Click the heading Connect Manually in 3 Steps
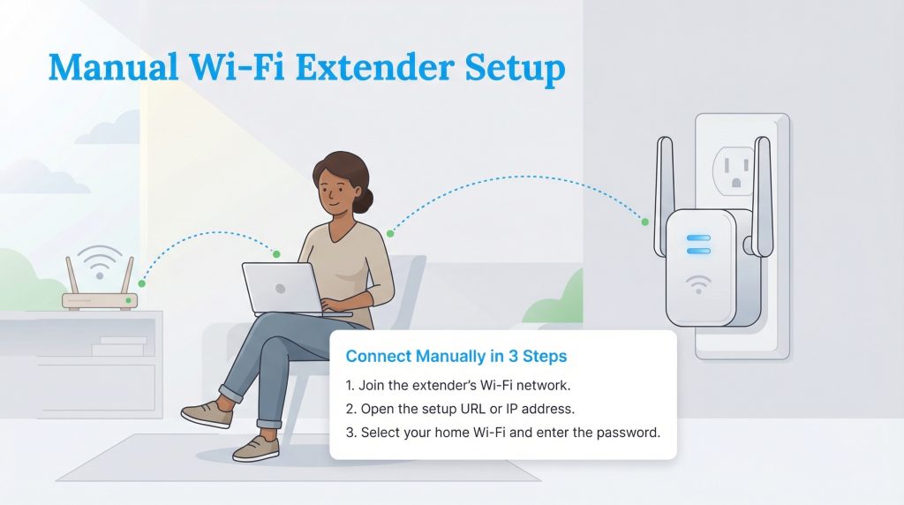456,358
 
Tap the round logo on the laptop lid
279,289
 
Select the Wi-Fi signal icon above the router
98,262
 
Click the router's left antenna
71,275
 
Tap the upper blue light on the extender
698,237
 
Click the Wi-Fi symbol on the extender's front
698,284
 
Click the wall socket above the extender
734,162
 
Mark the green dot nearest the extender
645,221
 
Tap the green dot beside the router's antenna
142,283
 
